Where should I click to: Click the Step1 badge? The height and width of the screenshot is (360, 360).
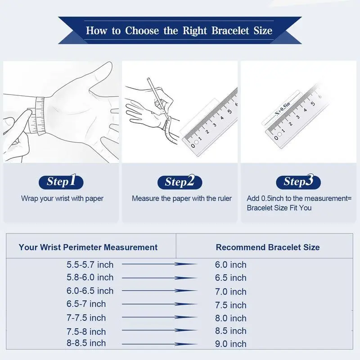tap(61, 182)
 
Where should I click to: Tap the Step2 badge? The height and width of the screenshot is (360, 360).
tap(180, 182)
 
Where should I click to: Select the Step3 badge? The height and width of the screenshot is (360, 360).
tap(298, 182)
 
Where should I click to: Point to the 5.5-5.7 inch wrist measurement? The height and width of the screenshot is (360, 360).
tap(90, 265)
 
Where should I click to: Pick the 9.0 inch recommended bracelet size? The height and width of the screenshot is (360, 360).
tap(231, 344)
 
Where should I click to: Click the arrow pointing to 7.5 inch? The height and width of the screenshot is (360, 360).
tap(159, 304)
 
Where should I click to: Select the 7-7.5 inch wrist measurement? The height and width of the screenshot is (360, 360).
tap(86, 318)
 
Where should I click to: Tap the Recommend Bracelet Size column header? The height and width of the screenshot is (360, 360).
tap(268, 247)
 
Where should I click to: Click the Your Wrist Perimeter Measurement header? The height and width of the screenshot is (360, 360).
tap(88, 247)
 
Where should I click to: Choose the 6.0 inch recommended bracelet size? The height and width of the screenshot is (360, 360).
tap(231, 265)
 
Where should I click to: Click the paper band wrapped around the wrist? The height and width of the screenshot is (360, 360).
tap(40, 116)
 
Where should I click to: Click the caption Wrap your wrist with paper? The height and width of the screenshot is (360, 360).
tap(62, 198)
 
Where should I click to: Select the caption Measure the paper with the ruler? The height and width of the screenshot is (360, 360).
tap(182, 198)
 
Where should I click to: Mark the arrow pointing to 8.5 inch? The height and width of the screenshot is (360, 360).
tap(159, 330)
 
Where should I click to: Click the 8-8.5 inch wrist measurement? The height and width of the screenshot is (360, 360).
tap(86, 343)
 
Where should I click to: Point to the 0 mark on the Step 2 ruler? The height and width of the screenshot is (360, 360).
tap(193, 145)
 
